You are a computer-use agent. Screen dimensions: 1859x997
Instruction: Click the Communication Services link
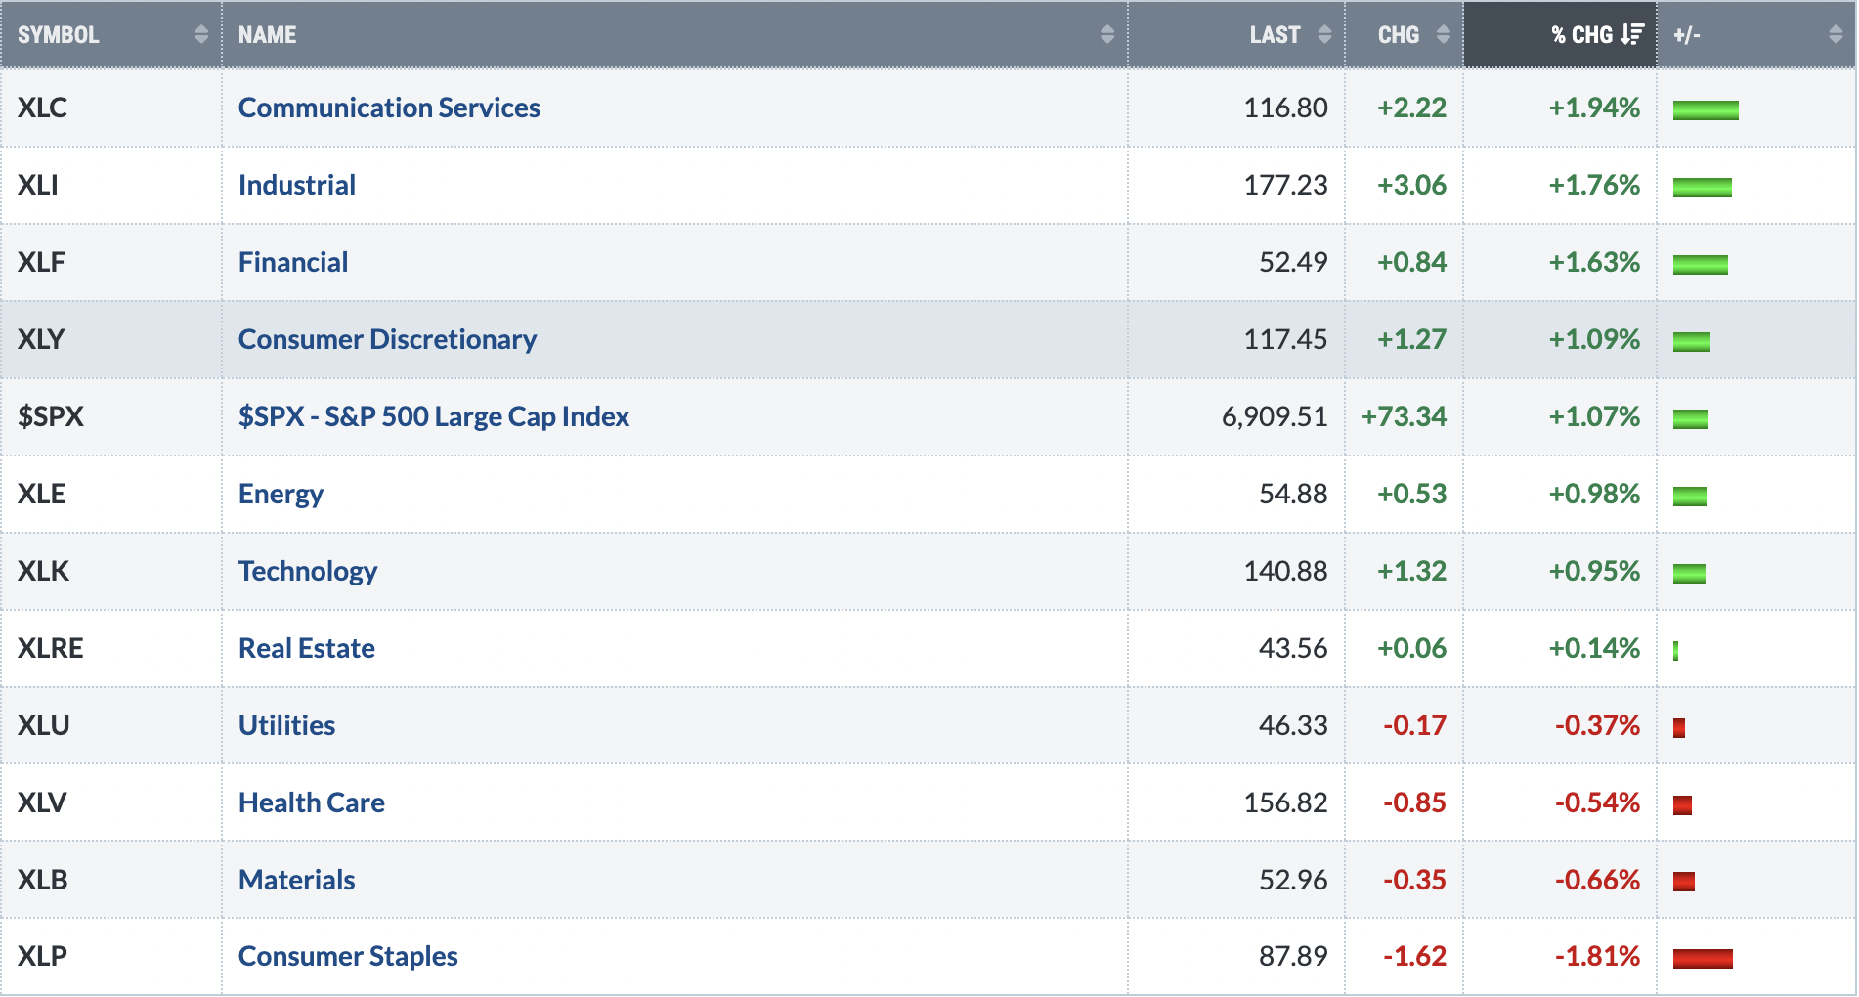click(389, 108)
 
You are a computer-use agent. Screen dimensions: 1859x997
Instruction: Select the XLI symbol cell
click(38, 185)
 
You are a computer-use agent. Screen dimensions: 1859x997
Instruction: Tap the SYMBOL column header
click(59, 35)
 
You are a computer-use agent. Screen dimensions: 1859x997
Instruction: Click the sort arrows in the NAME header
click(1107, 35)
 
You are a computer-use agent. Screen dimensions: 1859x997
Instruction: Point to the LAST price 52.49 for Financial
click(1293, 262)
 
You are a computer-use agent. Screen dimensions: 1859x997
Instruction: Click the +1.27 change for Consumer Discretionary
click(1411, 339)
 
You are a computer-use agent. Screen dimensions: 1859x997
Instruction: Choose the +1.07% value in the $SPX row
click(1594, 416)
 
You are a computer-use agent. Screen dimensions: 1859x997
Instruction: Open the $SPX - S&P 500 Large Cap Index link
click(434, 416)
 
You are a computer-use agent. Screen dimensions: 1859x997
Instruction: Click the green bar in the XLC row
click(1706, 109)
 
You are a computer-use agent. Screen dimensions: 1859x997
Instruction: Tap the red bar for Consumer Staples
click(1703, 958)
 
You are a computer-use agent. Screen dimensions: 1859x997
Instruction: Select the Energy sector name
click(281, 494)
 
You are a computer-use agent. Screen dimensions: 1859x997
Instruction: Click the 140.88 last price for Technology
click(1285, 571)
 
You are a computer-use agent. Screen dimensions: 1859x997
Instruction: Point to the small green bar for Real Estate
click(1676, 650)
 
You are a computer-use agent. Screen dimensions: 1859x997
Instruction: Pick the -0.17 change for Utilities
click(1414, 725)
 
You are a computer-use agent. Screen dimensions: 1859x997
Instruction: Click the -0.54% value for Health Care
click(1597, 802)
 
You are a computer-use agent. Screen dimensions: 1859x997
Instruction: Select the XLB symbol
click(43, 880)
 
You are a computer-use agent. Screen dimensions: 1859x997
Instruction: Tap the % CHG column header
click(1582, 35)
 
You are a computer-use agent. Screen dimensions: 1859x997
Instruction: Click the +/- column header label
click(1687, 35)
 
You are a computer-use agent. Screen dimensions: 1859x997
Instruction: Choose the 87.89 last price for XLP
click(1293, 956)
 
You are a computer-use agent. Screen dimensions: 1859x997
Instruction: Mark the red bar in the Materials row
click(1684, 882)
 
